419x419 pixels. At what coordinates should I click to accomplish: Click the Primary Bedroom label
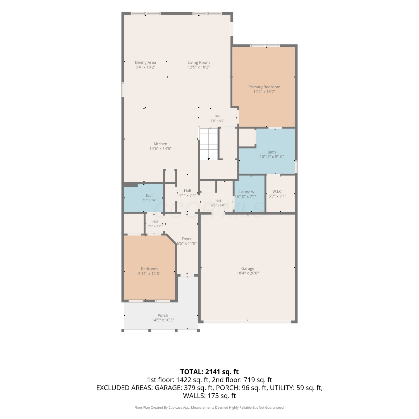click(x=264, y=87)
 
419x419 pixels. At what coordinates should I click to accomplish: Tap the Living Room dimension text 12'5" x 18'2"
click(x=199, y=67)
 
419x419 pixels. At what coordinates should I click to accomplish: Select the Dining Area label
click(x=145, y=63)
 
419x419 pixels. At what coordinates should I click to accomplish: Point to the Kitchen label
click(x=160, y=144)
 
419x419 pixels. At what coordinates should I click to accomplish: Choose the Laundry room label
click(x=247, y=192)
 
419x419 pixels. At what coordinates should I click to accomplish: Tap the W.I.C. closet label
click(x=277, y=191)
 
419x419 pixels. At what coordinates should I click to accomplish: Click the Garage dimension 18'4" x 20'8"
click(x=248, y=273)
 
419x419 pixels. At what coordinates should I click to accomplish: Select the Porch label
click(x=163, y=315)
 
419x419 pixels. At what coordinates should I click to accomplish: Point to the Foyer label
click(x=187, y=239)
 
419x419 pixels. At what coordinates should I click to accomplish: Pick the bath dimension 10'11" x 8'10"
click(x=272, y=157)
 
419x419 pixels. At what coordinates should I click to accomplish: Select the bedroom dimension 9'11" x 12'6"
click(x=149, y=274)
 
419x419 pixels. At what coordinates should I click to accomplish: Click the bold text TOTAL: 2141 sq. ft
click(x=209, y=372)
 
